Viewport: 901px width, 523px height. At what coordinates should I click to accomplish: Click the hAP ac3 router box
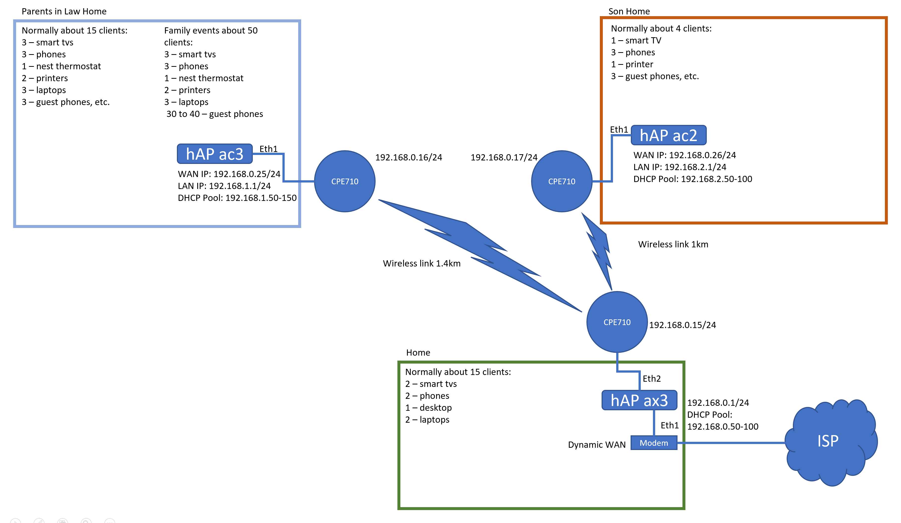tap(215, 154)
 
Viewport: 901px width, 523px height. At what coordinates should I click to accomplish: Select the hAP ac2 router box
tap(668, 135)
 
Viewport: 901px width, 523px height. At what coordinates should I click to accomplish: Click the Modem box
tap(654, 443)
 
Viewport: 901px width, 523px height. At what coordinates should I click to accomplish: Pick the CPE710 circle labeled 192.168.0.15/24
tap(617, 322)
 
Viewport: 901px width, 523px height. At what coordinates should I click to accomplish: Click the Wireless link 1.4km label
tap(421, 263)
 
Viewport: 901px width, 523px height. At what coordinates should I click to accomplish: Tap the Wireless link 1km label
tap(673, 244)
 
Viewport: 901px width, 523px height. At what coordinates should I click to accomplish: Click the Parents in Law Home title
tap(64, 11)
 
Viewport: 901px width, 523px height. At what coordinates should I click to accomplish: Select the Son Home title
tap(629, 11)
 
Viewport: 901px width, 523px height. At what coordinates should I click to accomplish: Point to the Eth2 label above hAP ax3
tap(651, 378)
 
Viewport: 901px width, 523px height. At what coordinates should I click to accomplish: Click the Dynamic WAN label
tap(596, 445)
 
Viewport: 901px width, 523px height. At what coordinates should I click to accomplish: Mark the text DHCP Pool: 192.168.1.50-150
tap(237, 198)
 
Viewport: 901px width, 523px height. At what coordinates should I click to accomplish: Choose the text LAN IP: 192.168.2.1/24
tap(679, 167)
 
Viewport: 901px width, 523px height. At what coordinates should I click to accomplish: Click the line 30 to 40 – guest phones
tap(215, 114)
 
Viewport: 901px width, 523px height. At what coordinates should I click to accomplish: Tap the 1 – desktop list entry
tap(428, 408)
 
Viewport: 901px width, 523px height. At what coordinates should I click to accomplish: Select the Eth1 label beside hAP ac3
tap(268, 149)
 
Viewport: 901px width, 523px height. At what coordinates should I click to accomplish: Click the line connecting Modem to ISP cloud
tap(731, 443)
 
